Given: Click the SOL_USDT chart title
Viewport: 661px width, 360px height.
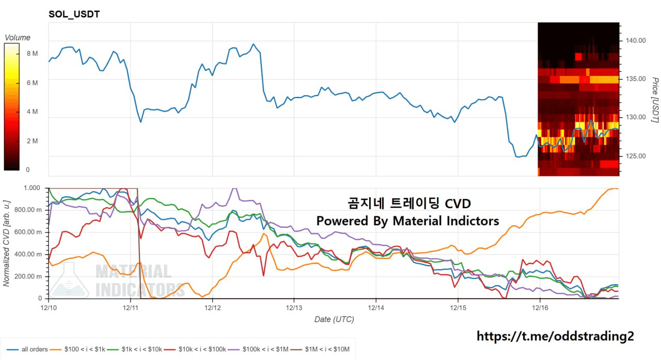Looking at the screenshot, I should (x=74, y=14).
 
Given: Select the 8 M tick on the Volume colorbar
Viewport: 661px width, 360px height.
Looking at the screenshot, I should (x=32, y=54).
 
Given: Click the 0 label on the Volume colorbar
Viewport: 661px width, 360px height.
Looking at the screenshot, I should (x=28, y=169).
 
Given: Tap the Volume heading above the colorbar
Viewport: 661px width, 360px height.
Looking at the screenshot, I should (x=18, y=38).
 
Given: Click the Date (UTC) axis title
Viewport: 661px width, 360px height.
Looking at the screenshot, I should (x=334, y=320).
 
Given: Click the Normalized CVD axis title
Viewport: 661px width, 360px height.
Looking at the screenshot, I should (x=7, y=243).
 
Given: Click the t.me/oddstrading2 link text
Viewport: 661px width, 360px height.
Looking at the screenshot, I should (x=555, y=336).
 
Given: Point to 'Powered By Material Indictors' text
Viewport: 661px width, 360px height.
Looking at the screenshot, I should (x=407, y=221).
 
